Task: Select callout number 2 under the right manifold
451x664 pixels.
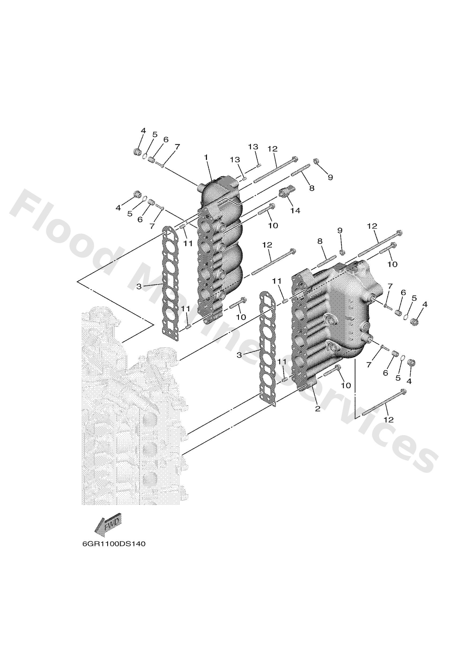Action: click(x=317, y=409)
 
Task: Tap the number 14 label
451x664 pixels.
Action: click(x=295, y=211)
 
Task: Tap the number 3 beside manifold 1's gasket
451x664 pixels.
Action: click(x=139, y=286)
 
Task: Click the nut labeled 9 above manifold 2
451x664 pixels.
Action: click(x=341, y=252)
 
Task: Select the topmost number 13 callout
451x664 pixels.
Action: click(x=253, y=147)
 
